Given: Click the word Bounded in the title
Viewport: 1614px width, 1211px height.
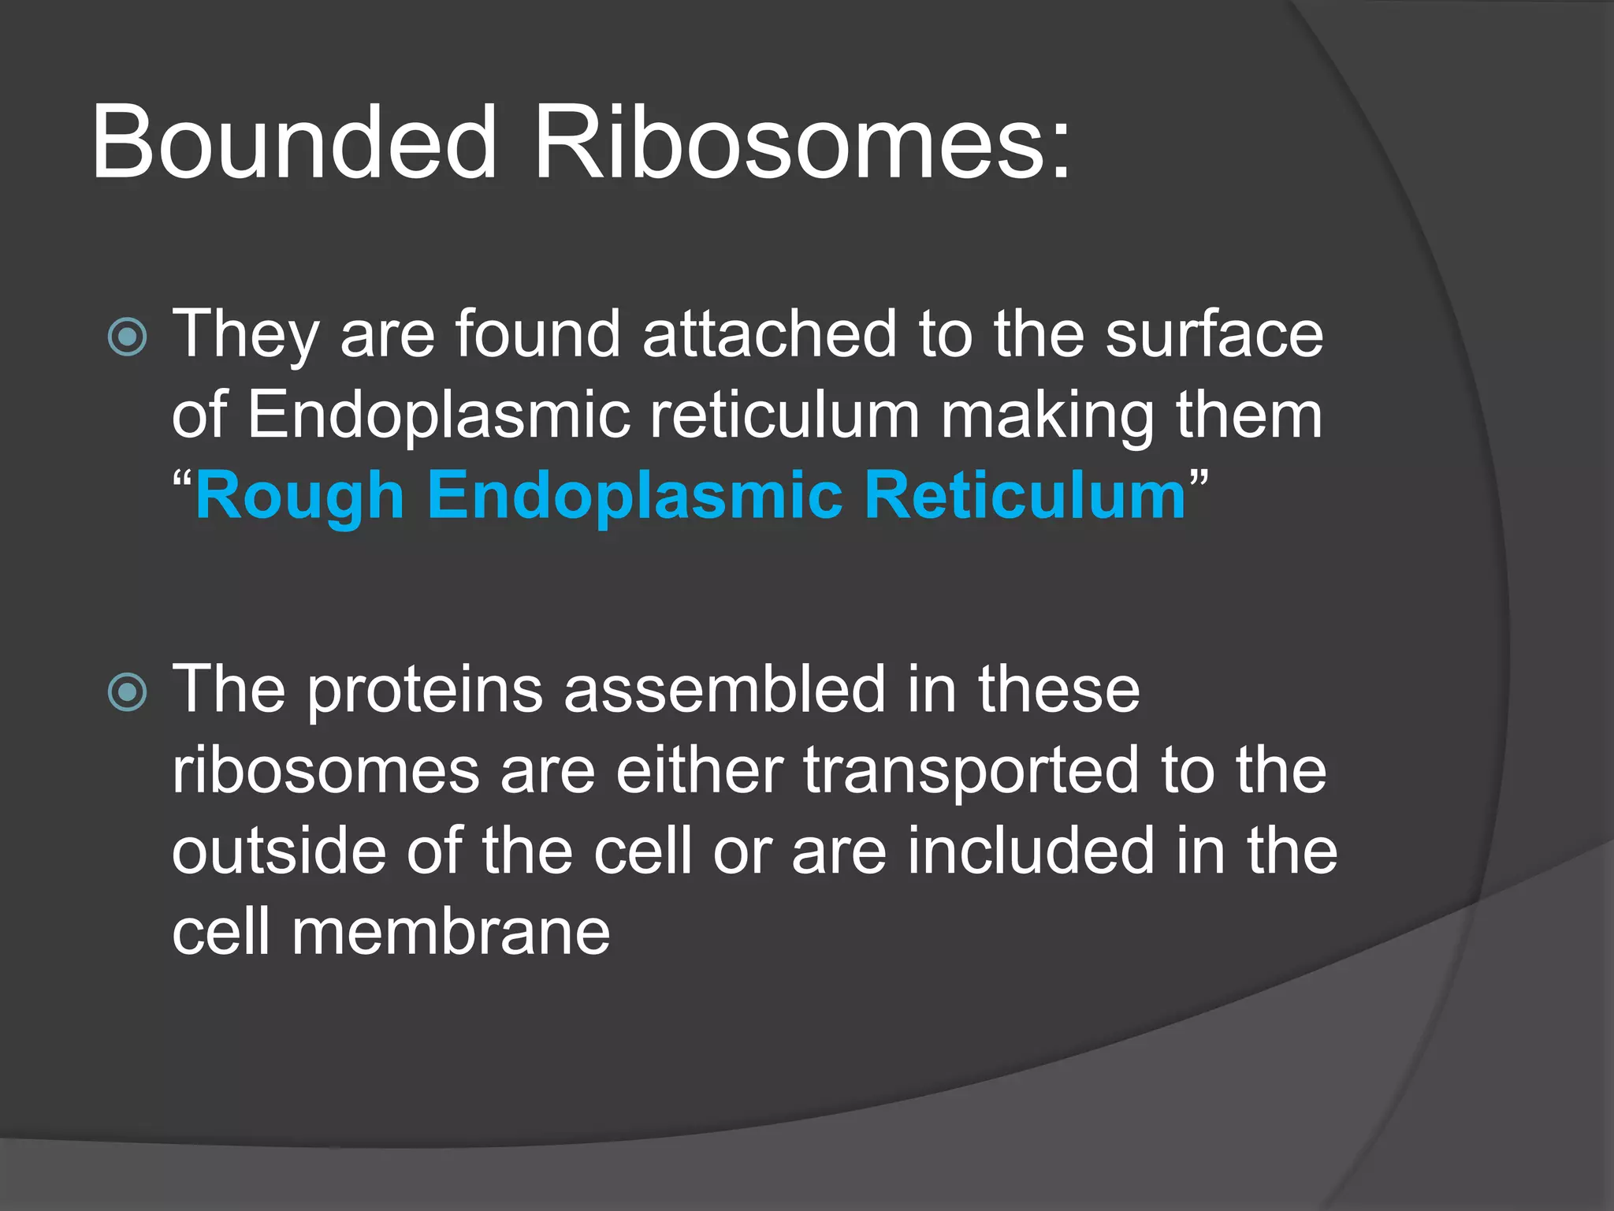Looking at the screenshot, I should [295, 143].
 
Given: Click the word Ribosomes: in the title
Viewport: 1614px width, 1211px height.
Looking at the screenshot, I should [801, 143].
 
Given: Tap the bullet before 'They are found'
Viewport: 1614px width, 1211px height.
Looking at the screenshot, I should [128, 337].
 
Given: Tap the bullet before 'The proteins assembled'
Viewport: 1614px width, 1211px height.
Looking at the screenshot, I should [128, 692].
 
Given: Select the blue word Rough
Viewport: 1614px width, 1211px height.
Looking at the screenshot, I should [299, 497].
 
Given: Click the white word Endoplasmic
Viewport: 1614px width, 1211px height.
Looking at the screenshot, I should [439, 416].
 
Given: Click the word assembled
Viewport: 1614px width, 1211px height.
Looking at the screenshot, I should [725, 690].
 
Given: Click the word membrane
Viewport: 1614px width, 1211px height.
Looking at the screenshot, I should [451, 933].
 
